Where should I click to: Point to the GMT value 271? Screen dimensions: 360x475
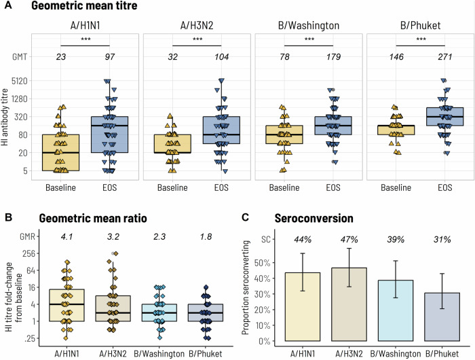444,58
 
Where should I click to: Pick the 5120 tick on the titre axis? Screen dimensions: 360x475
18,81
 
